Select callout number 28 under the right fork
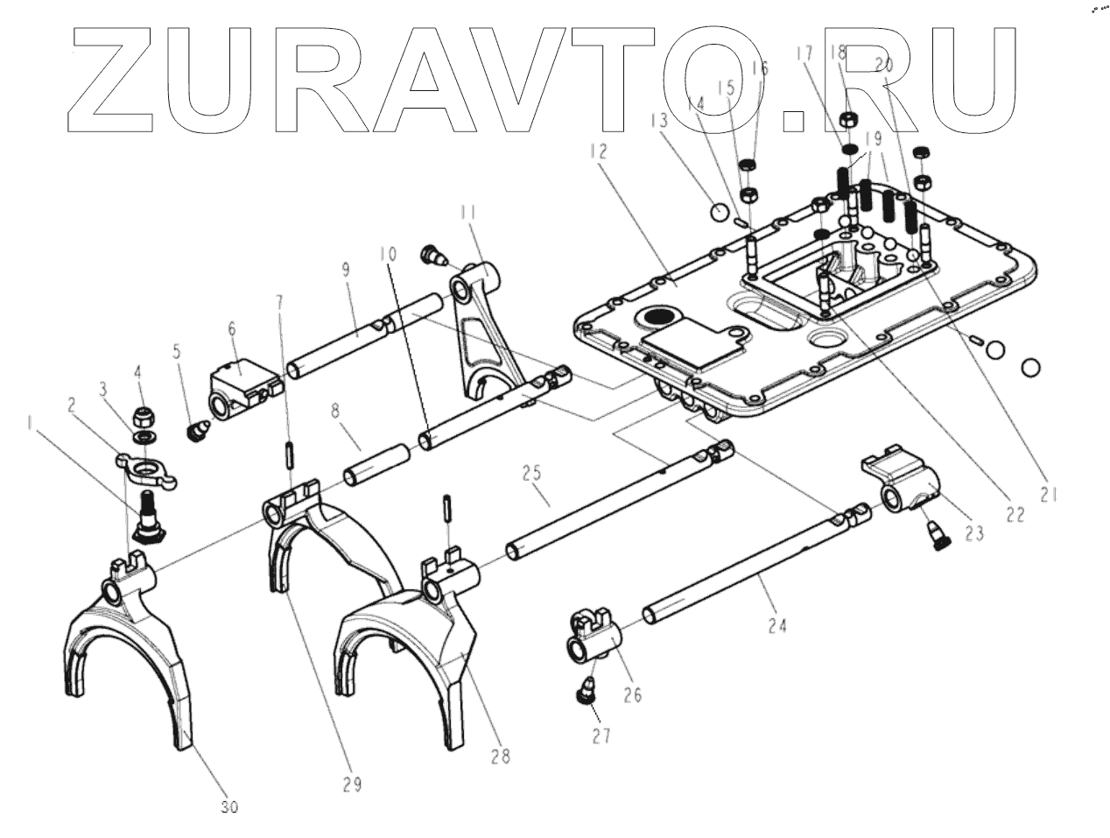pos(501,755)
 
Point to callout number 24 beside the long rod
pos(776,625)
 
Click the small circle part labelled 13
pos(718,212)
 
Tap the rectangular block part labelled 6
pos(242,386)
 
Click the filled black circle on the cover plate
pos(660,319)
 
